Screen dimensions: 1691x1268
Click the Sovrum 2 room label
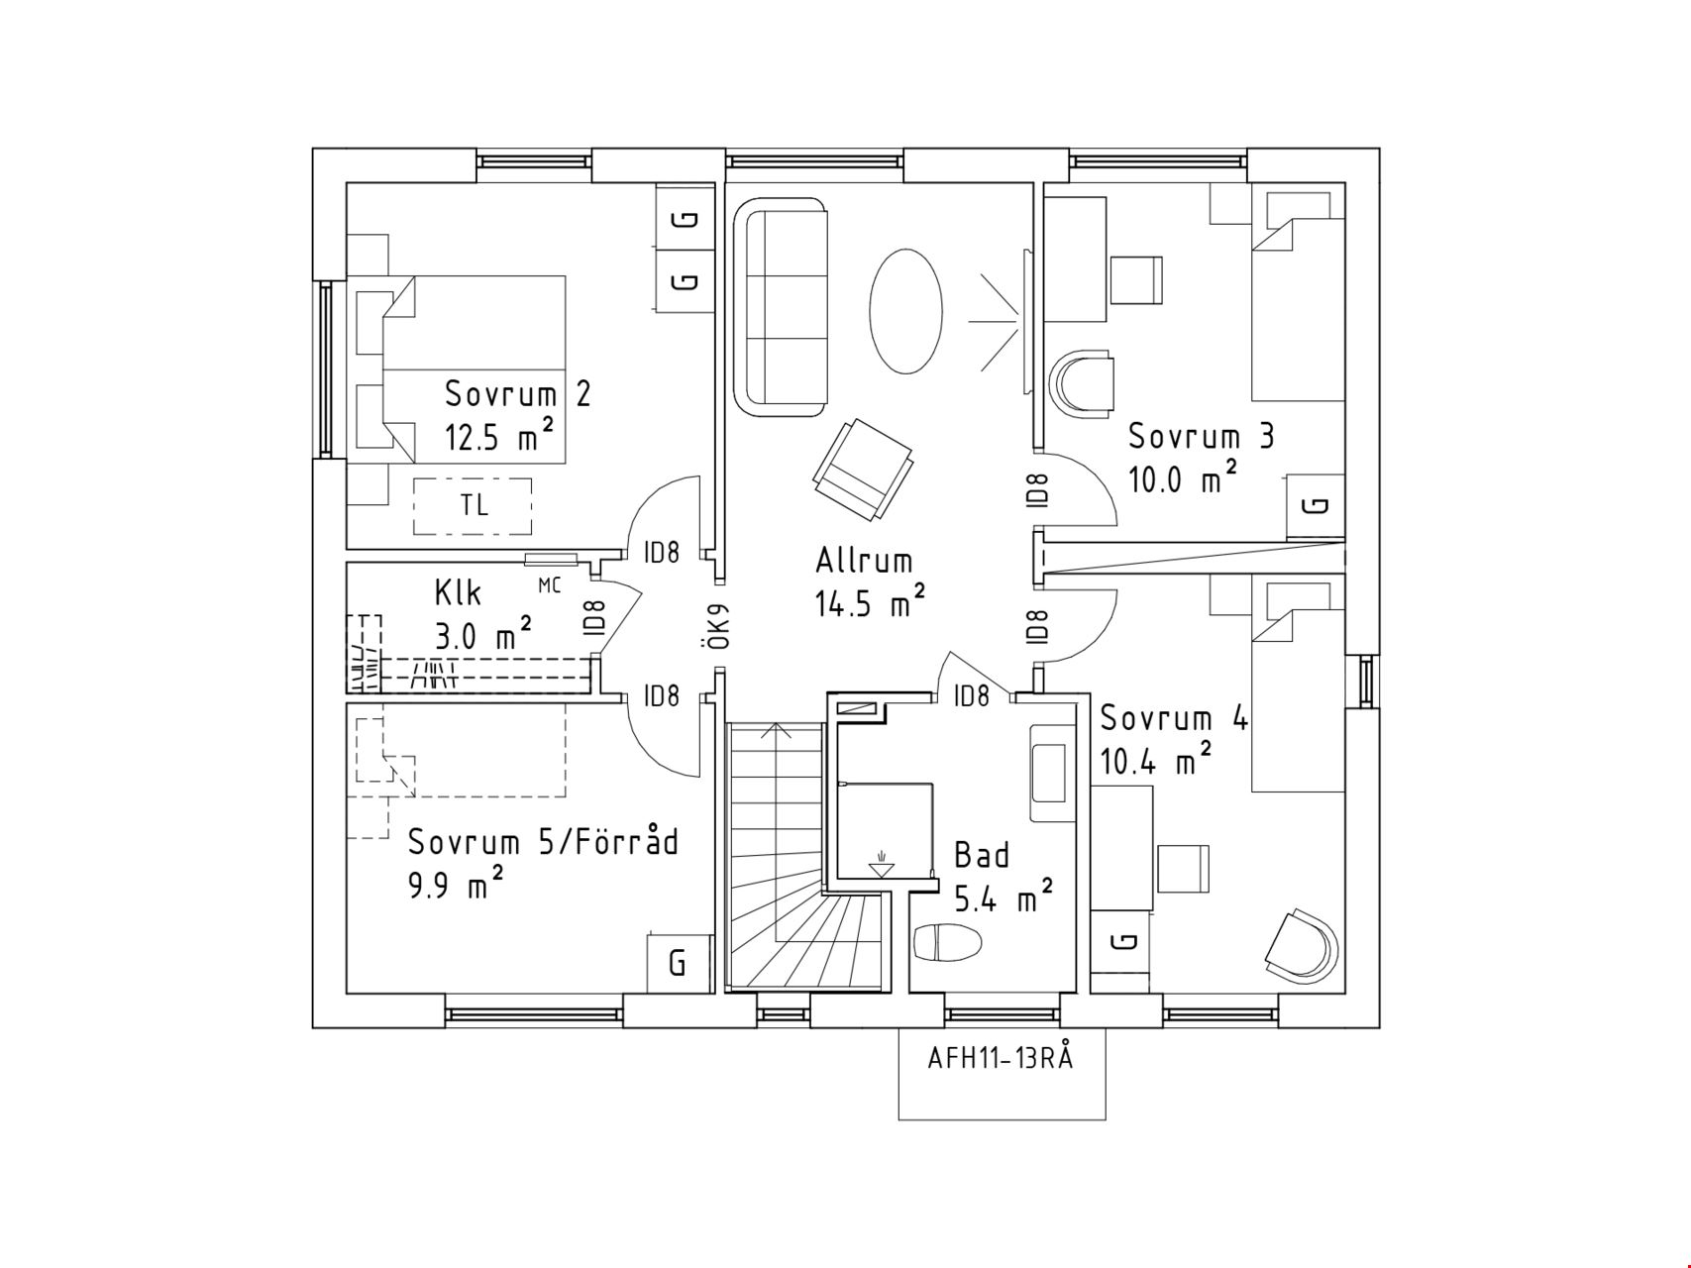click(x=517, y=394)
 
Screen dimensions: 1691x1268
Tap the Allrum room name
click(x=864, y=561)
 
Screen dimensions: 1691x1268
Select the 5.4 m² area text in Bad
click(x=1003, y=898)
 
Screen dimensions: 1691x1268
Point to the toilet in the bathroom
click(x=947, y=942)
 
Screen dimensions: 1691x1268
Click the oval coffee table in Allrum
click(x=904, y=310)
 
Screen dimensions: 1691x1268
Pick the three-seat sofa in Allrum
click(x=780, y=307)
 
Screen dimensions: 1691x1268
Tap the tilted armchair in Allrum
click(x=862, y=469)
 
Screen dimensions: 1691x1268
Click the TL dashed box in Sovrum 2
click(x=473, y=505)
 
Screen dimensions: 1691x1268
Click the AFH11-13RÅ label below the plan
click(x=1000, y=1058)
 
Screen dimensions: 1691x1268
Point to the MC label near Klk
click(x=549, y=585)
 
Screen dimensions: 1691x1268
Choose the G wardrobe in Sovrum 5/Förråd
click(x=680, y=962)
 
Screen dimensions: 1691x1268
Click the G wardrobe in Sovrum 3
click(x=1316, y=504)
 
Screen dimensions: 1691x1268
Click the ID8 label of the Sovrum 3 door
click(x=1037, y=490)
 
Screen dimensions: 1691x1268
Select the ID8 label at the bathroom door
click(x=971, y=696)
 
